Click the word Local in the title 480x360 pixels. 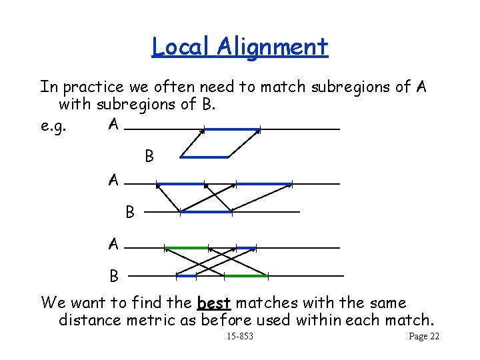click(x=175, y=47)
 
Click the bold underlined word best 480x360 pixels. click(x=214, y=303)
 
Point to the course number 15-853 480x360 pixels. click(x=240, y=337)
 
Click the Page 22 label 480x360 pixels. click(x=424, y=337)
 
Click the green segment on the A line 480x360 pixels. click(x=187, y=248)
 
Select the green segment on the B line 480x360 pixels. click(x=245, y=275)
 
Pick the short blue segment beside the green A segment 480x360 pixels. click(x=246, y=248)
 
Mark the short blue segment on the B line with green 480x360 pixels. click(x=185, y=275)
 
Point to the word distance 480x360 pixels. click(x=89, y=320)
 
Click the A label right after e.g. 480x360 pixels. click(x=114, y=125)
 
